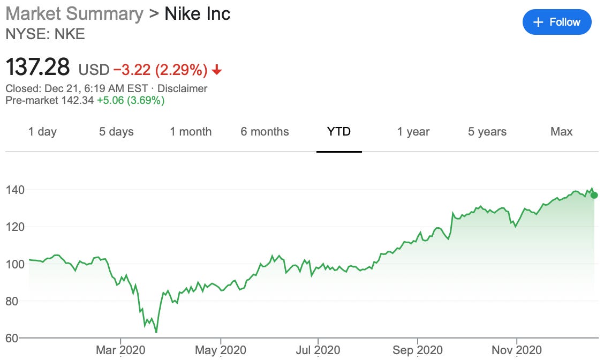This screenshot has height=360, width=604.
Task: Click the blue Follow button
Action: coord(557,22)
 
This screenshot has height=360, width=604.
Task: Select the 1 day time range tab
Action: coord(42,132)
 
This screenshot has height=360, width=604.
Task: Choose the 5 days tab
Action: coord(116,132)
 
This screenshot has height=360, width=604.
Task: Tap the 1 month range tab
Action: coord(191,132)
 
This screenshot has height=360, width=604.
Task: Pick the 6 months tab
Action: coord(265,132)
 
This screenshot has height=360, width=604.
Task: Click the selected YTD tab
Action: coord(339,132)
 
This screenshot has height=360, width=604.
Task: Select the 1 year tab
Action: coord(413,132)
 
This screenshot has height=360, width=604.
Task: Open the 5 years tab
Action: coord(487,132)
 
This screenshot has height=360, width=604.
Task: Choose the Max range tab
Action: coord(561,132)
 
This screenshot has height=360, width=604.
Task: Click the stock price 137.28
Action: coord(37,68)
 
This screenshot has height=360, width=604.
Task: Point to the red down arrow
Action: coord(217,70)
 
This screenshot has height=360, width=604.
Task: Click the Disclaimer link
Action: coord(182,88)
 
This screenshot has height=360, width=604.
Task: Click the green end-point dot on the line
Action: coord(594,195)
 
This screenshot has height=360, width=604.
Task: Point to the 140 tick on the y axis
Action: coord(16,190)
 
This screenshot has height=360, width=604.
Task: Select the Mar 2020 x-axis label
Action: coord(121,350)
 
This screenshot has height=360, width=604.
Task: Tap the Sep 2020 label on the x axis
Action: coord(418,350)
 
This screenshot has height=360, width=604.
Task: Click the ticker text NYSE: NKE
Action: coord(45,34)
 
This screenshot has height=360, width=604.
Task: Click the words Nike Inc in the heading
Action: coord(197,13)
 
